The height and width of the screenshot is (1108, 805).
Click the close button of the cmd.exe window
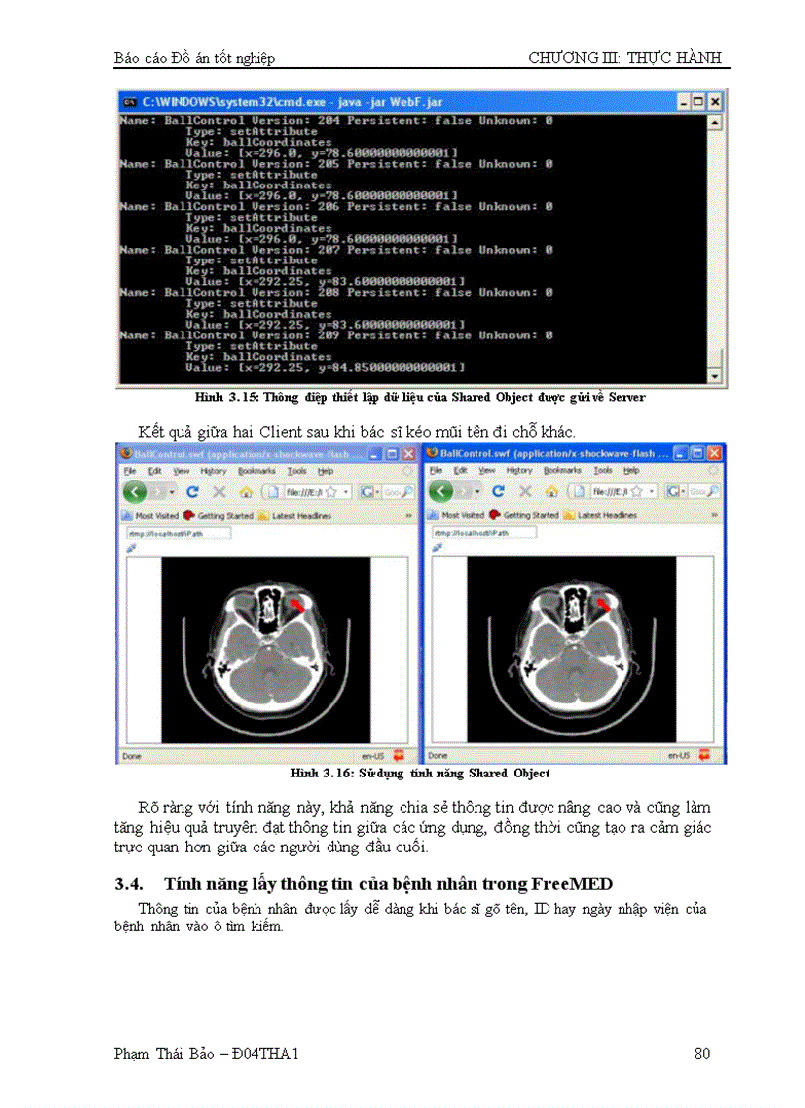[x=715, y=102]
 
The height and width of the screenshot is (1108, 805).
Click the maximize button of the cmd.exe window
[x=698, y=102]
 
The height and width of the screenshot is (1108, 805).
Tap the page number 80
[x=702, y=1054]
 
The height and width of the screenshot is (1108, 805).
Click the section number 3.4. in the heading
[x=130, y=883]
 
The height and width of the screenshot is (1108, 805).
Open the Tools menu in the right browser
[x=603, y=472]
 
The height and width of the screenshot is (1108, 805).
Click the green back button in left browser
[x=135, y=491]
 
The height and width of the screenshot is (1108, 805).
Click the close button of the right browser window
[x=715, y=453]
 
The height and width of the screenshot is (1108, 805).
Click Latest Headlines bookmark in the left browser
[x=301, y=515]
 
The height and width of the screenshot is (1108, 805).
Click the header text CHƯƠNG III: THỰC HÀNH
[x=625, y=58]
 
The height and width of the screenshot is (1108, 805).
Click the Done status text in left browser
[x=131, y=756]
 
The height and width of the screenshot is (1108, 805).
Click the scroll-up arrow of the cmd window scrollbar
[x=716, y=123]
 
